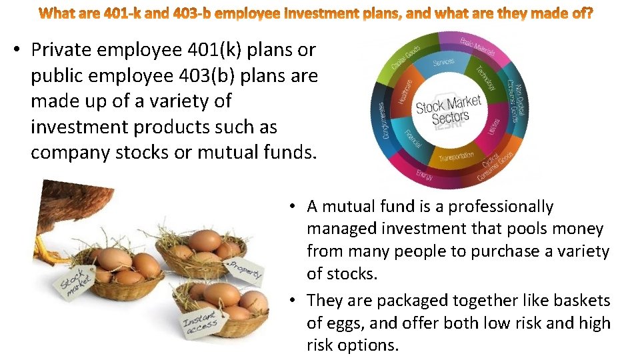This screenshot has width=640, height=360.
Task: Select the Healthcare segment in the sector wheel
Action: tap(405, 91)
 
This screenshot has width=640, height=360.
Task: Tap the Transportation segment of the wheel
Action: tap(456, 158)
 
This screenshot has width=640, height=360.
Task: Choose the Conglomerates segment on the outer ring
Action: tap(383, 120)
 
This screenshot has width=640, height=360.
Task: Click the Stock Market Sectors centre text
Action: tap(448, 111)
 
